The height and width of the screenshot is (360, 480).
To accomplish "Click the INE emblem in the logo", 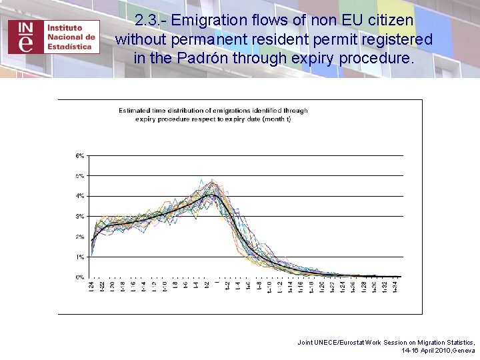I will pos(25,36).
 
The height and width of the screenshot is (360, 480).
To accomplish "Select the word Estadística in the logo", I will pos(69,47).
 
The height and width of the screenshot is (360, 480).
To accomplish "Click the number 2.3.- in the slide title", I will pos(151,21).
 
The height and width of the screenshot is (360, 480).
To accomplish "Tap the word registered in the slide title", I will pos(391,39).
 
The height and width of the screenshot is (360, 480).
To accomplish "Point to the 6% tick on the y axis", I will pos(79,156).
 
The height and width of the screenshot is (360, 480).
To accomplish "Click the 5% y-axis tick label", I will pos(79,176).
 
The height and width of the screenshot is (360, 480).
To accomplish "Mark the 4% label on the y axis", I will pos(79,196).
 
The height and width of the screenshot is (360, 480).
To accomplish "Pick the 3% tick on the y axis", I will pos(79,217).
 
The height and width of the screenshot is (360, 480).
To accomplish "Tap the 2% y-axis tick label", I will pos(79,237).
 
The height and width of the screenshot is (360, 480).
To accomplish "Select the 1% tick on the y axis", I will pos(79,257).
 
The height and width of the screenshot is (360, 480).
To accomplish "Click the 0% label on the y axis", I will pos(79,277).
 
